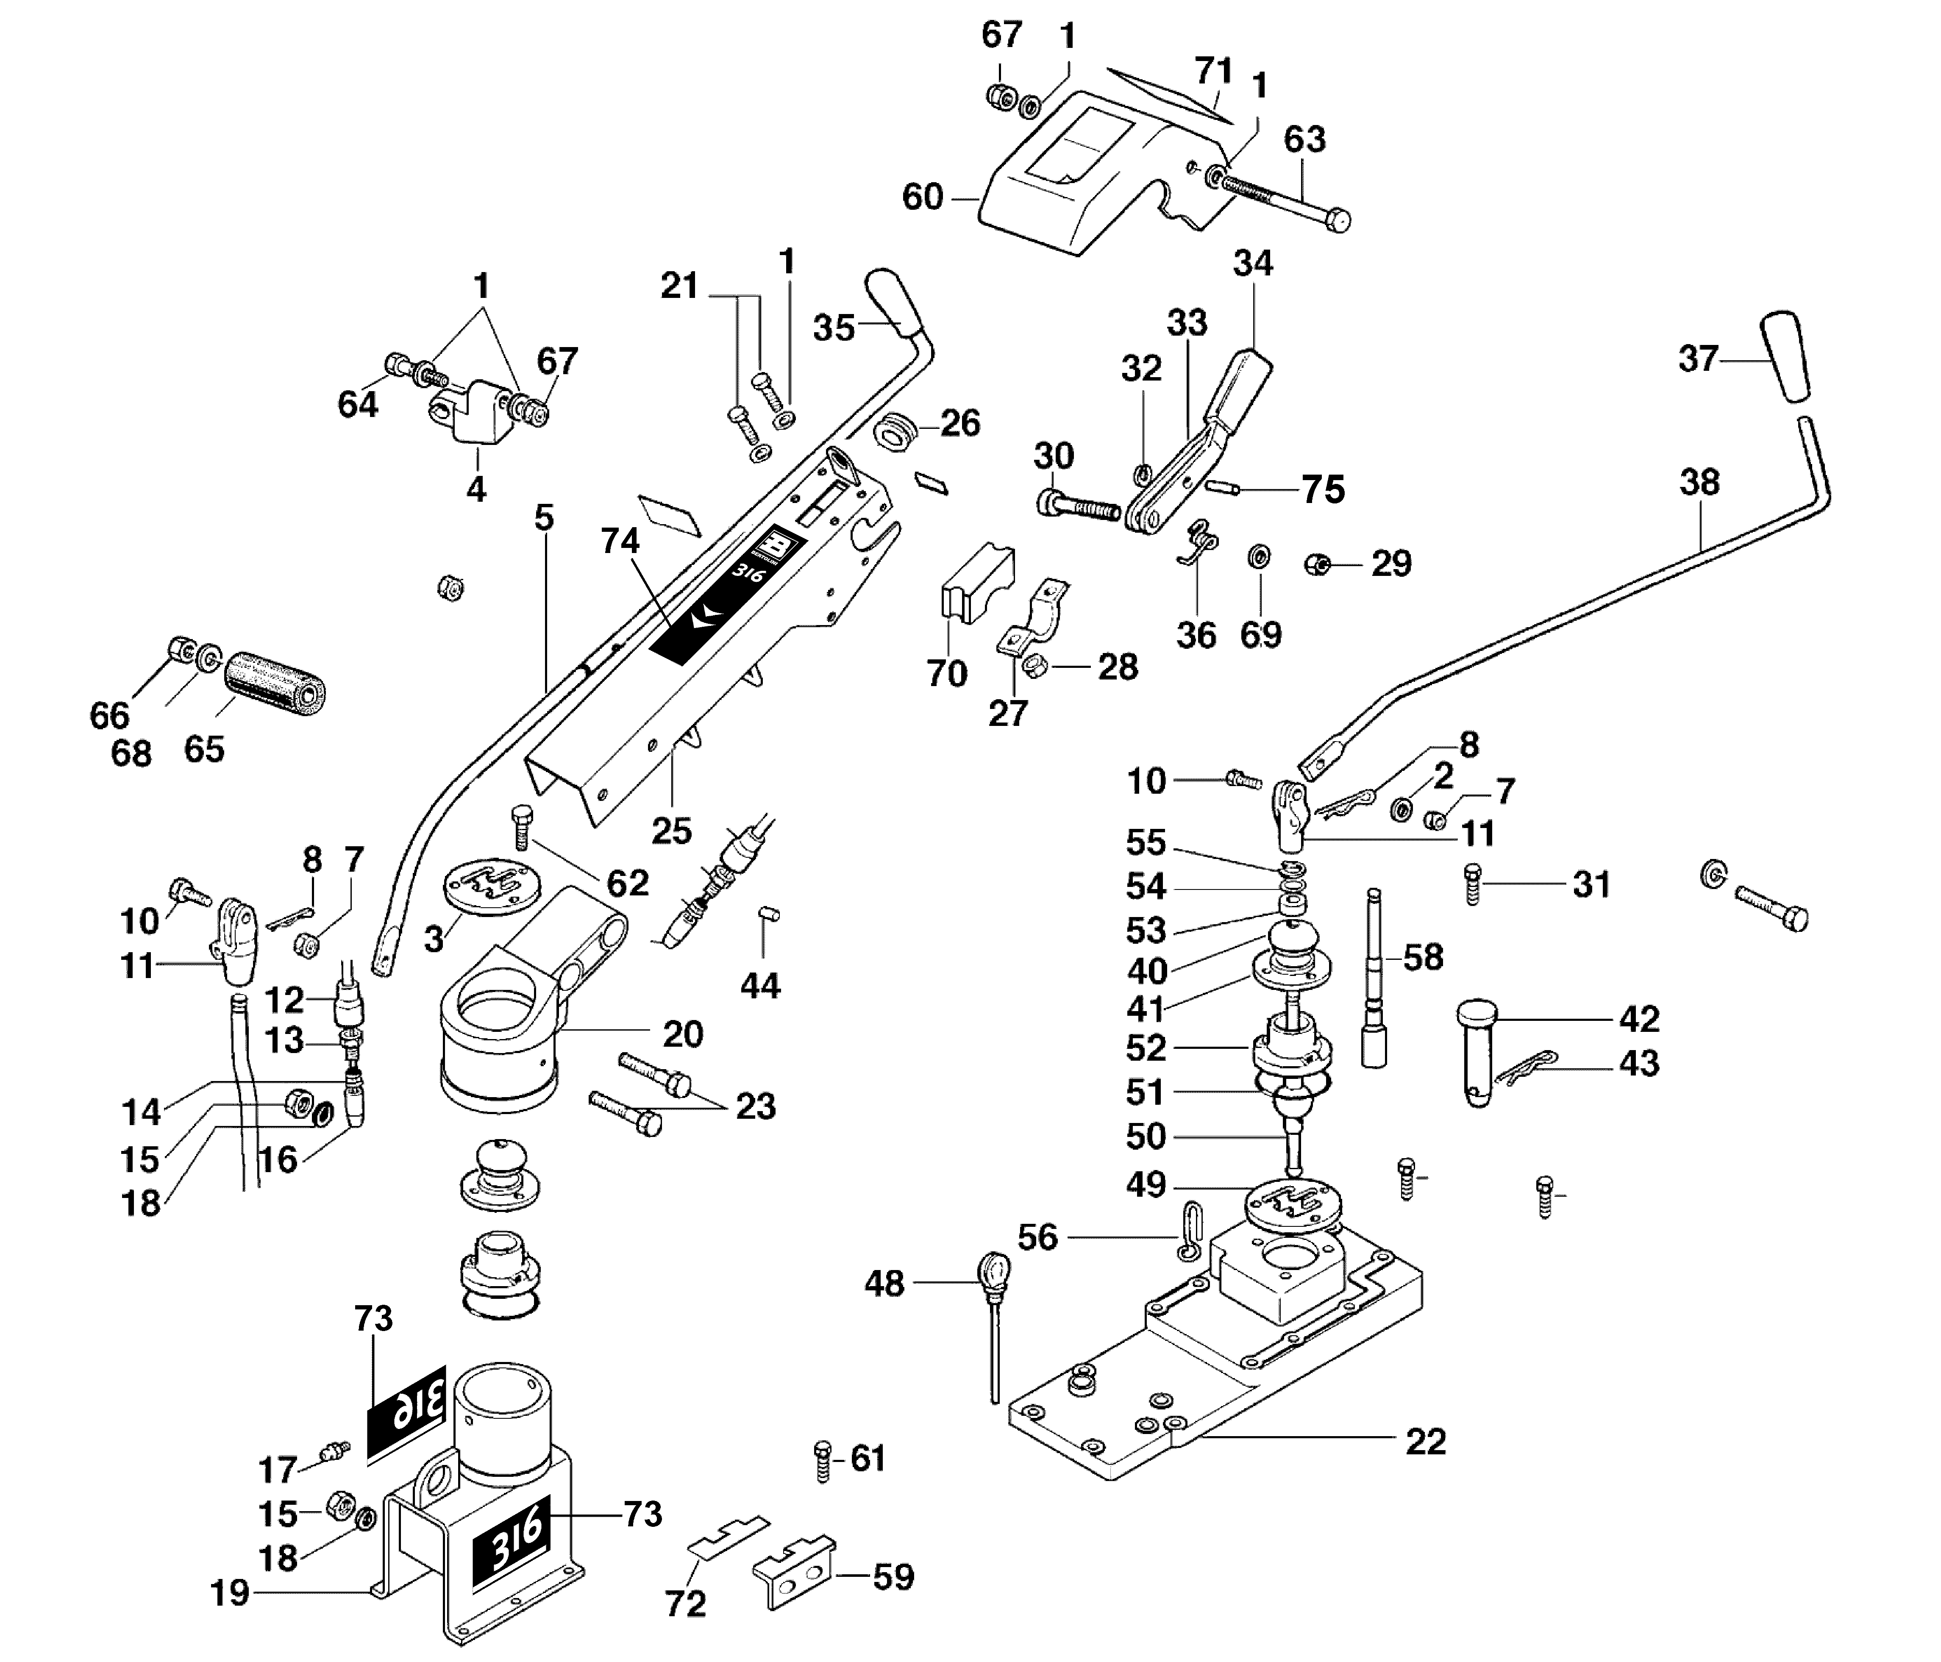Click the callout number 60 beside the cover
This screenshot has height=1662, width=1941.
922,197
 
